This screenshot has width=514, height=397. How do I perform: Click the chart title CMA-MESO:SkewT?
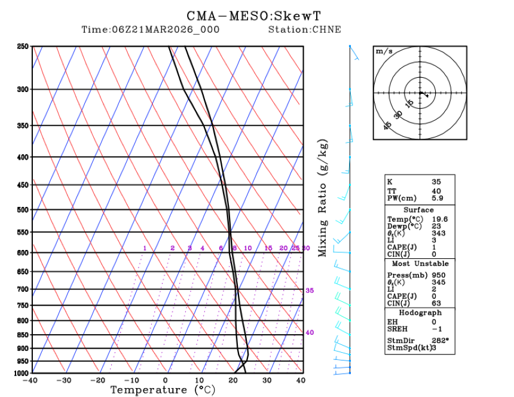264,16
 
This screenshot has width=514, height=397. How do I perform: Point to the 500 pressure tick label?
23,210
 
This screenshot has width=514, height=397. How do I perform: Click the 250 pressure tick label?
23,47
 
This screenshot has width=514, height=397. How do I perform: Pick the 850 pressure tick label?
23,335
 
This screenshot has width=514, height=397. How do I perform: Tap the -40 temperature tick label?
31,380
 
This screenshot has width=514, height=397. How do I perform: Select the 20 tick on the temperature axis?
233,380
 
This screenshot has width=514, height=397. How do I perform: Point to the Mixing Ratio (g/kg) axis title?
323,198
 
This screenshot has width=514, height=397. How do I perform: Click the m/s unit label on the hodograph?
384,51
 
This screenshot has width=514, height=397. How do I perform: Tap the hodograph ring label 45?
388,126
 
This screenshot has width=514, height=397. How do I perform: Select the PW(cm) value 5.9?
437,198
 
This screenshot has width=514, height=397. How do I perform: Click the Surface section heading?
418,210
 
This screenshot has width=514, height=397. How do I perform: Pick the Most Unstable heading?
420,263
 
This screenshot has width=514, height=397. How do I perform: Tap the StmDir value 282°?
440,341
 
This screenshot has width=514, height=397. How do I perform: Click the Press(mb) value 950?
438,275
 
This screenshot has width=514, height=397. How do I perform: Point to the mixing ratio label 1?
145,248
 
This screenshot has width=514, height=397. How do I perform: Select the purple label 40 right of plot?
310,332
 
